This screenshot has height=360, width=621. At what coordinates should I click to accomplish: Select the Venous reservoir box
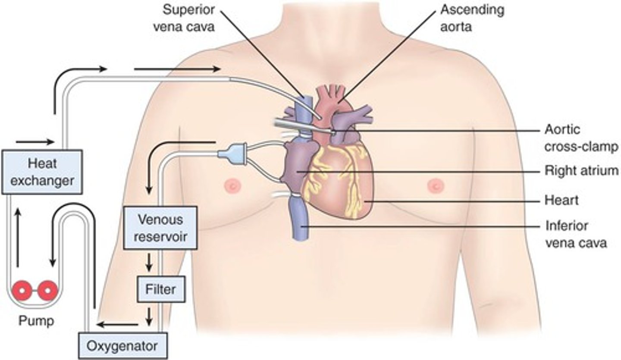point(160,227)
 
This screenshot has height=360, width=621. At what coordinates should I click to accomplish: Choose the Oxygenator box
point(122,345)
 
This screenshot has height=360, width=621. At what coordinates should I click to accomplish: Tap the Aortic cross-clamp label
point(580,138)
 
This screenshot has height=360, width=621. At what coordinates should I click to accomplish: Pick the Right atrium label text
point(580,171)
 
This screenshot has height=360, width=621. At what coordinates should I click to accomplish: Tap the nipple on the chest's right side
point(434,186)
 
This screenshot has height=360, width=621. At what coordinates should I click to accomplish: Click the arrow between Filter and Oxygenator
point(149,316)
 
